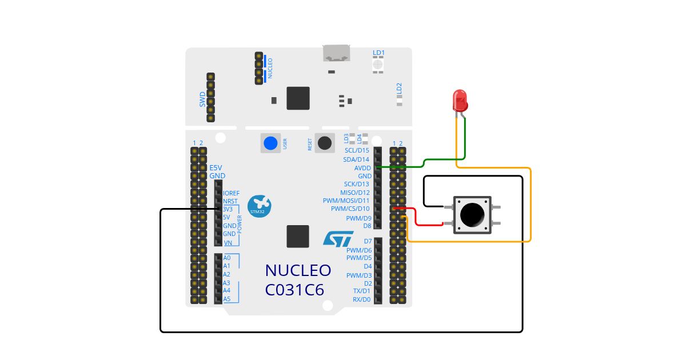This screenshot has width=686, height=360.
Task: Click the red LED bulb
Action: pyautogui.click(x=460, y=101)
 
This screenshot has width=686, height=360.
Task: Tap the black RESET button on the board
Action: pyautogui.click(x=325, y=143)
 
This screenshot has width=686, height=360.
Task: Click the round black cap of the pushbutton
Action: pyautogui.click(x=471, y=214)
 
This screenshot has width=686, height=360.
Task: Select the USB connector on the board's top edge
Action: pyautogui.click(x=337, y=53)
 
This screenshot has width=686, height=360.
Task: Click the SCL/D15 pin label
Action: pyautogui.click(x=357, y=151)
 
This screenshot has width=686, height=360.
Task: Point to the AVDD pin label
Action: pyautogui.click(x=363, y=168)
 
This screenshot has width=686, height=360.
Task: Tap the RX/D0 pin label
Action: pyautogui.click(x=361, y=299)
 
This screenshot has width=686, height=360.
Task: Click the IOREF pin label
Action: pyautogui.click(x=232, y=193)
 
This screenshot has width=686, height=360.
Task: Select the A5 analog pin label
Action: pyautogui.click(x=227, y=299)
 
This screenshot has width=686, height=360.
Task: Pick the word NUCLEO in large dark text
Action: pyautogui.click(x=298, y=270)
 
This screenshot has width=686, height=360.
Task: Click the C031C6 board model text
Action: pyautogui.click(x=294, y=290)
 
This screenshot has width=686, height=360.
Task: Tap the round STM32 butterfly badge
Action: pyautogui.click(x=259, y=206)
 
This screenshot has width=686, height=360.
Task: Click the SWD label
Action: pyautogui.click(x=202, y=99)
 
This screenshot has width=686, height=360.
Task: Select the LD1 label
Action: pyautogui.click(x=378, y=53)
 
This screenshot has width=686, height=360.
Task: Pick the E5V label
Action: pyautogui.click(x=216, y=168)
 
